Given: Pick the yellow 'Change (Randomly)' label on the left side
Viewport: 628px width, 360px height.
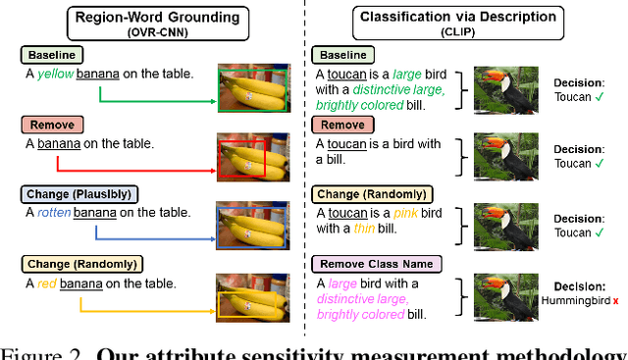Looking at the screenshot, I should click(x=78, y=263).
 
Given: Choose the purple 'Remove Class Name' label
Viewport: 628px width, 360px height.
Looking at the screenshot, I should click(x=378, y=263).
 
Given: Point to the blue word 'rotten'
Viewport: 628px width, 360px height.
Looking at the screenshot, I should click(x=54, y=212).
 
